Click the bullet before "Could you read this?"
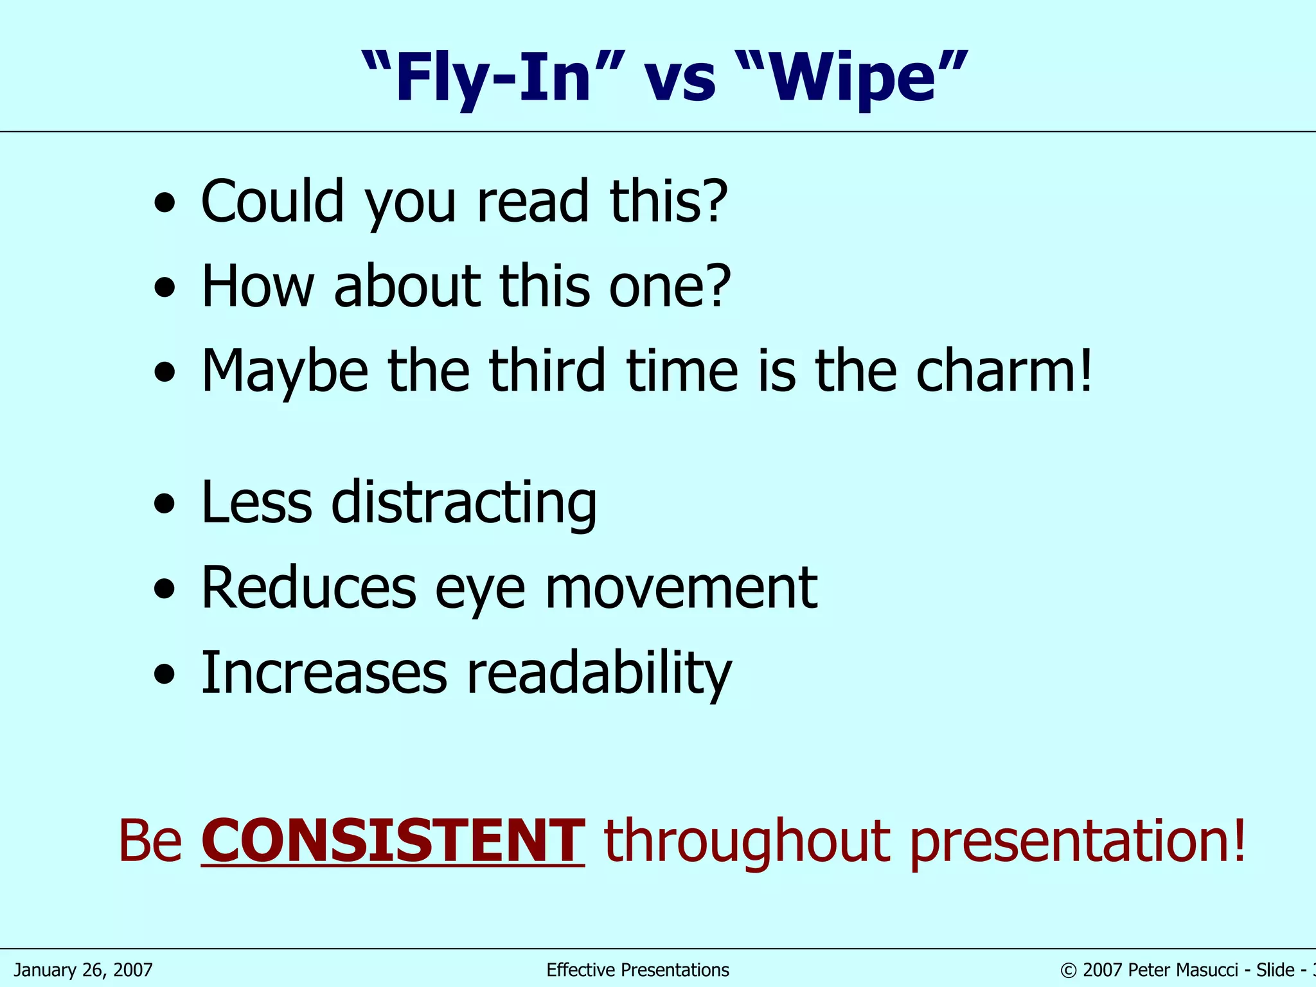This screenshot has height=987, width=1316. (x=165, y=203)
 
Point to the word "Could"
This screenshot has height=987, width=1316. (x=272, y=200)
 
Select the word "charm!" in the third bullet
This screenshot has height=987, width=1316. (x=1004, y=371)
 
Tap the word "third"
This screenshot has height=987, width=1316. (x=547, y=371)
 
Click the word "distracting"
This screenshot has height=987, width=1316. (x=464, y=502)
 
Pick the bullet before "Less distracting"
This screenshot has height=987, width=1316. (x=165, y=504)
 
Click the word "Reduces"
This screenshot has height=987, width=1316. (x=309, y=587)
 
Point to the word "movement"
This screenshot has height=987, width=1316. (x=681, y=587)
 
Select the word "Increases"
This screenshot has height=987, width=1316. (x=324, y=673)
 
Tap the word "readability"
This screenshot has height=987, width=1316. (x=599, y=673)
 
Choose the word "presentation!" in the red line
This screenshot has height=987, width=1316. (x=1078, y=842)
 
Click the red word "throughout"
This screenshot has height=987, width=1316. (x=747, y=842)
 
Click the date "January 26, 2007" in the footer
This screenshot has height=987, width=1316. (x=83, y=970)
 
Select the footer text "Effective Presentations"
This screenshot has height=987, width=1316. (x=637, y=970)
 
